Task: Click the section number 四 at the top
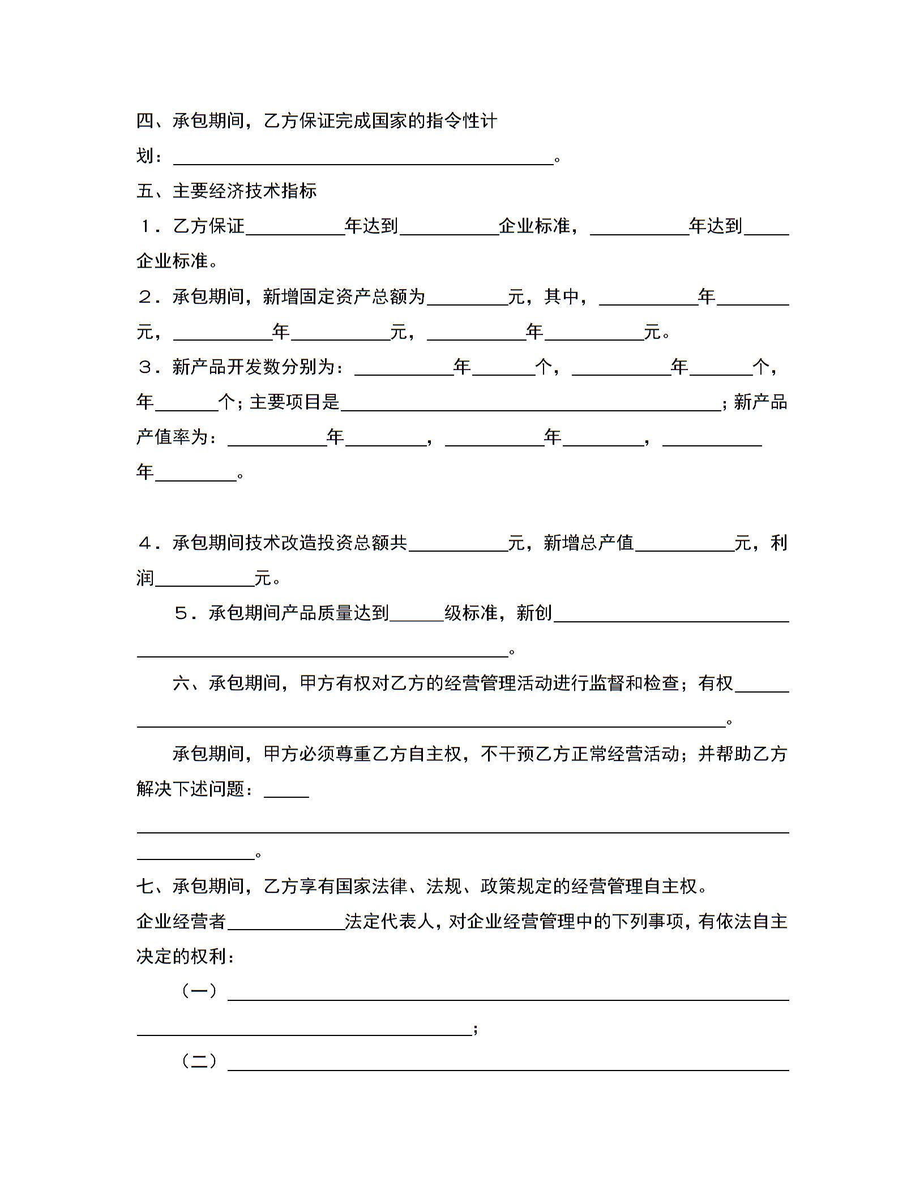[x=145, y=121]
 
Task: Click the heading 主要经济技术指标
[x=244, y=191]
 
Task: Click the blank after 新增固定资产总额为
[x=467, y=300]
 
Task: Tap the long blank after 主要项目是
[x=531, y=405]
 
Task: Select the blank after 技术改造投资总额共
[x=458, y=546]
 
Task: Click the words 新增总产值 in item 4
[x=588, y=543]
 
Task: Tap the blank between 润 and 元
[x=204, y=581]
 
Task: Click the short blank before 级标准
[x=417, y=616]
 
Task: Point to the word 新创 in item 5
[x=534, y=613]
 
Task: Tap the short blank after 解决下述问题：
[x=286, y=793]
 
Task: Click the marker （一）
[x=199, y=991]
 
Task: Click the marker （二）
[x=199, y=1061]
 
